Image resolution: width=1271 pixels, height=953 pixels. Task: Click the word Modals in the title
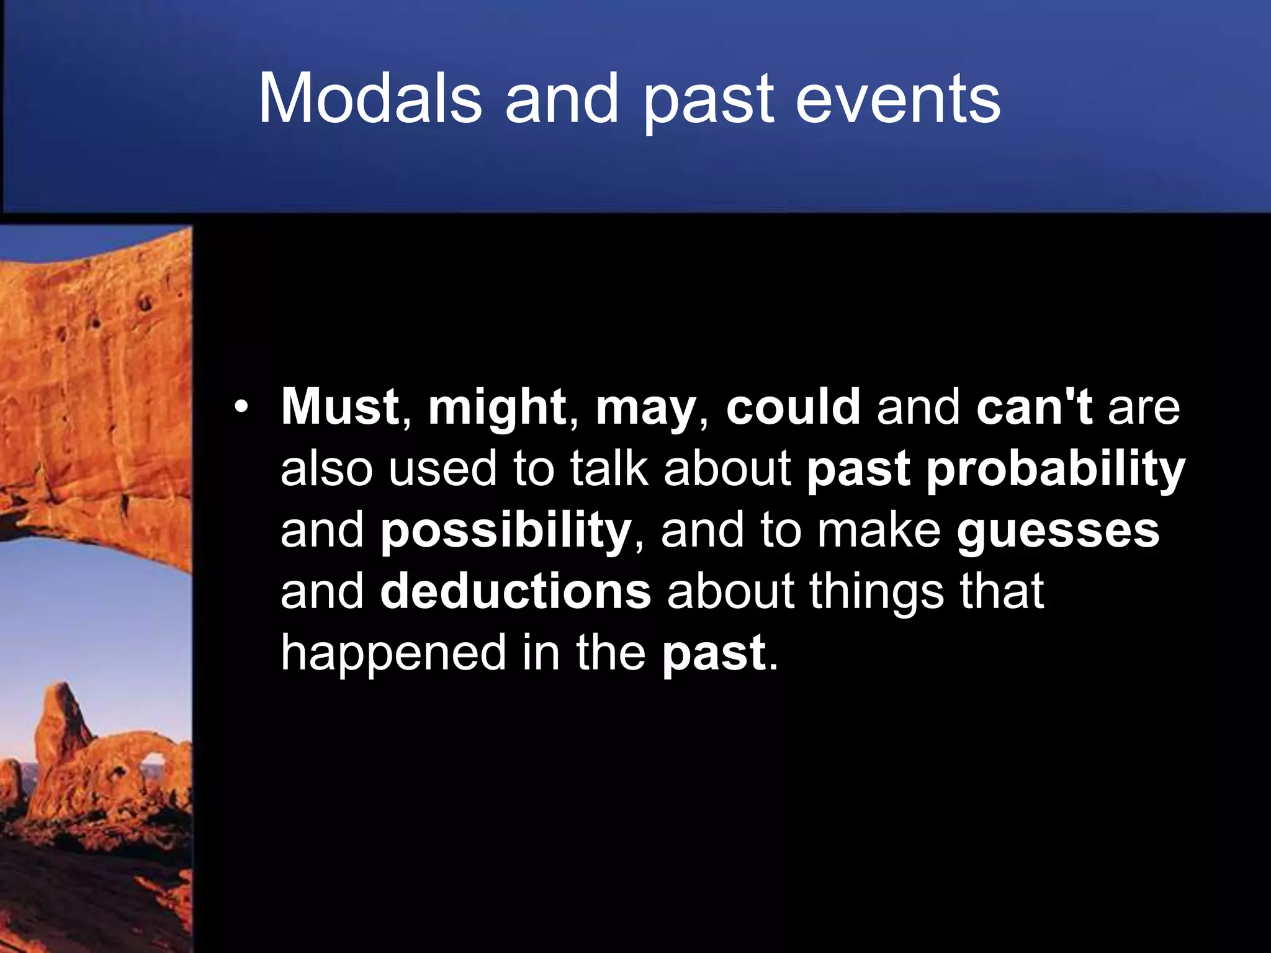(370, 99)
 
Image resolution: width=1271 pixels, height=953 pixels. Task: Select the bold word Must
(339, 407)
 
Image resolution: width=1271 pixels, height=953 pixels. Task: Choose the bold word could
(793, 407)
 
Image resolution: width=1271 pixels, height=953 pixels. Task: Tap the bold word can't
(1034, 407)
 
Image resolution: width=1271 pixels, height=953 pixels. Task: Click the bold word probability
(1056, 470)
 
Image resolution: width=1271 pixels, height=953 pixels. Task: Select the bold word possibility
(505, 532)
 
